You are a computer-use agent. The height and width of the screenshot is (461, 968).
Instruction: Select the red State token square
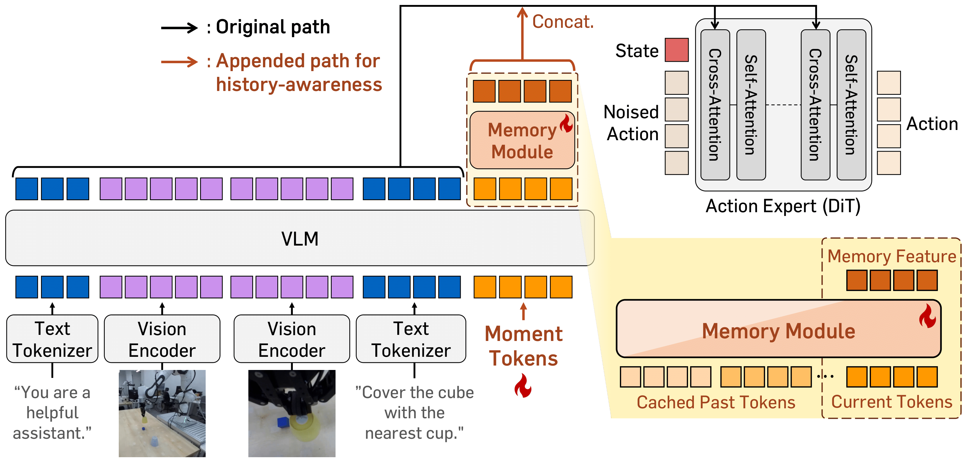[676, 50]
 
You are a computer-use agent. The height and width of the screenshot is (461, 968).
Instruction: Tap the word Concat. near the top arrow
[563, 22]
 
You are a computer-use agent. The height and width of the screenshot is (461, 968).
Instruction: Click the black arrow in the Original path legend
[179, 28]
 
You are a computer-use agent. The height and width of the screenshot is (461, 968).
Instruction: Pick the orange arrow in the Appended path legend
[179, 62]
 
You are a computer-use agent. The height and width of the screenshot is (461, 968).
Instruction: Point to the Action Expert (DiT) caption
[783, 206]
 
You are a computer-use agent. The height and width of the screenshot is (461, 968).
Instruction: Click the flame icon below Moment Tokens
[523, 386]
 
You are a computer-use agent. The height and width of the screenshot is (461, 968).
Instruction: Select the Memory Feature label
[891, 256]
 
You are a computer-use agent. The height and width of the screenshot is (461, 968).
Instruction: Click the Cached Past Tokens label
[716, 402]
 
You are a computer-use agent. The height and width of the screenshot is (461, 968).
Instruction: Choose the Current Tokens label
[891, 402]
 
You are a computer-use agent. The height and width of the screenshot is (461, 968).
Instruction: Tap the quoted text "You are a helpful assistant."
[52, 412]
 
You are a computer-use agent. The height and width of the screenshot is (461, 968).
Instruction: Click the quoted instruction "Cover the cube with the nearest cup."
[415, 412]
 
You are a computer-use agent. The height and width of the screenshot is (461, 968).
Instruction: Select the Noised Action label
[632, 123]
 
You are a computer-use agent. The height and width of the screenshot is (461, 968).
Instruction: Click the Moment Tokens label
[523, 346]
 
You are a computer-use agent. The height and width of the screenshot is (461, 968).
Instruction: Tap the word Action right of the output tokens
[932, 124]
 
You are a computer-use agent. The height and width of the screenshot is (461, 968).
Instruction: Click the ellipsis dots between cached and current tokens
[825, 376]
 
